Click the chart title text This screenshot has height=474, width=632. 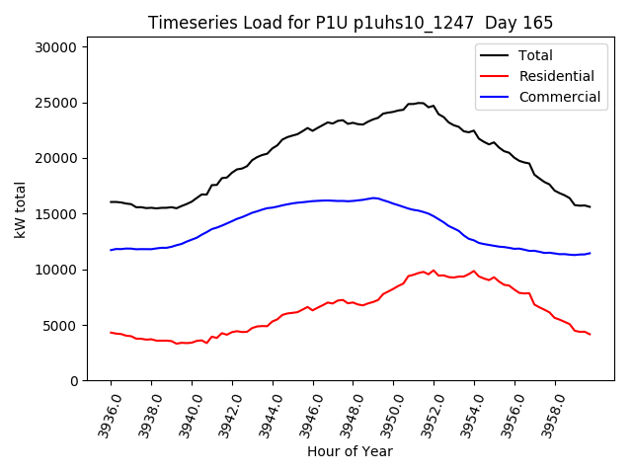[351, 23]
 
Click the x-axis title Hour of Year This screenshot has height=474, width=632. [350, 451]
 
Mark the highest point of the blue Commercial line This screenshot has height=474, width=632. [374, 197]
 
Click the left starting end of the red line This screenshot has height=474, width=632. [111, 332]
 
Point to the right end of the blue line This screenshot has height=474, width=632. [590, 253]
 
